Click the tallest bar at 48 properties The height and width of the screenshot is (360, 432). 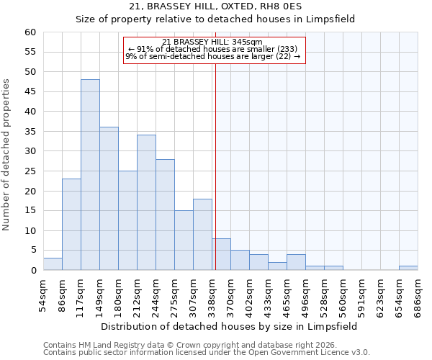click(x=90, y=175)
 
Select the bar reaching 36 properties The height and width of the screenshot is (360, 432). click(x=109, y=199)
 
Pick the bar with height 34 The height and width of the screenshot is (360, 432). click(x=146, y=202)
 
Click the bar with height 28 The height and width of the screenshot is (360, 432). click(x=165, y=215)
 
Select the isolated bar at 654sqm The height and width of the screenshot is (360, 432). click(x=408, y=268)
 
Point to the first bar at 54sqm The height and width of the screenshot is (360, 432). click(x=53, y=264)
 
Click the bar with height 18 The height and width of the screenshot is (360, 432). click(x=202, y=235)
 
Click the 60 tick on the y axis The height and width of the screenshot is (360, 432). click(x=30, y=32)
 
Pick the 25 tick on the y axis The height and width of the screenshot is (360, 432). click(x=30, y=171)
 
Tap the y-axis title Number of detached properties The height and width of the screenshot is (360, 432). click(x=7, y=155)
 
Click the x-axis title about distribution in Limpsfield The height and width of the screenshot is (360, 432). click(x=229, y=326)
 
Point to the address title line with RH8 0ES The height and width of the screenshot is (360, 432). click(x=215, y=6)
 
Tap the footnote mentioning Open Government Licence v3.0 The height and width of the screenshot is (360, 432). click(x=207, y=352)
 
